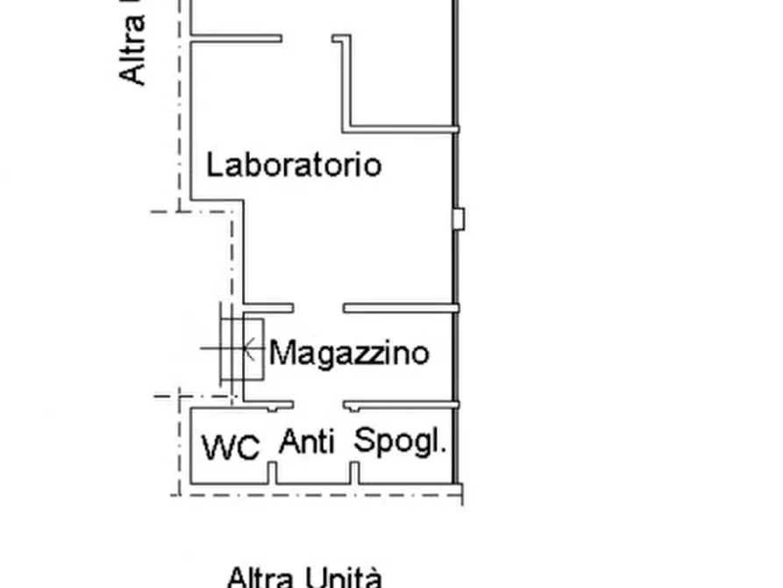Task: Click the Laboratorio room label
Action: point(294,165)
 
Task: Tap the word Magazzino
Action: point(349,353)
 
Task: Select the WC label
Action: point(231,448)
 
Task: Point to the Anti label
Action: point(307,442)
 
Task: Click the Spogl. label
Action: point(400,441)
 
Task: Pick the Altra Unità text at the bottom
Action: point(305,577)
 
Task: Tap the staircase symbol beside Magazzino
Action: point(241,349)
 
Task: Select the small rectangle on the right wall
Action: point(457,219)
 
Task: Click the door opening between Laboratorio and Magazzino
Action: point(317,308)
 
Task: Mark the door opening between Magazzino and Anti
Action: point(317,405)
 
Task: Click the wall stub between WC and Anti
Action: point(271,474)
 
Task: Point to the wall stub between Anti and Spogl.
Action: point(354,474)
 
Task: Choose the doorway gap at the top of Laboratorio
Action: point(307,39)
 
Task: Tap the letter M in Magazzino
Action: point(281,353)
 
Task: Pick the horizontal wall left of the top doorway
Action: point(236,39)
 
